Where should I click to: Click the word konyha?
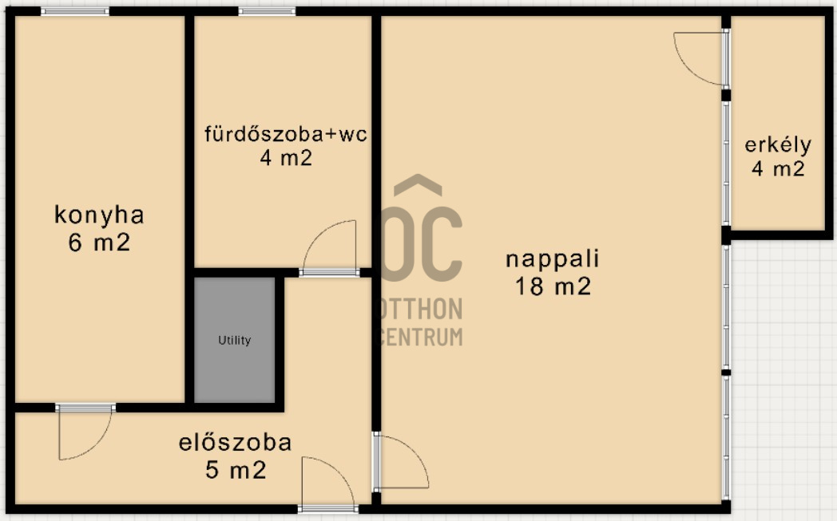(99, 215)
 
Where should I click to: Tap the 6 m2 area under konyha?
(99, 243)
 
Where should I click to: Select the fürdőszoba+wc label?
(286, 133)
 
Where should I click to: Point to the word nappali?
(553, 259)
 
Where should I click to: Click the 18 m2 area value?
(553, 286)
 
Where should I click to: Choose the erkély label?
(778, 144)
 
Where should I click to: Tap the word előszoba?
(236, 443)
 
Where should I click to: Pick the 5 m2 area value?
(236, 470)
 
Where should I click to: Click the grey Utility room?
(234, 340)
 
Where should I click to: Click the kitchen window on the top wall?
(75, 11)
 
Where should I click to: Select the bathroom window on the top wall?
(267, 11)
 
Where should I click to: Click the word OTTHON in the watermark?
(419, 309)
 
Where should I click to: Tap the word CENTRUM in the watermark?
(421, 337)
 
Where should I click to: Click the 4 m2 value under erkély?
(778, 169)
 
